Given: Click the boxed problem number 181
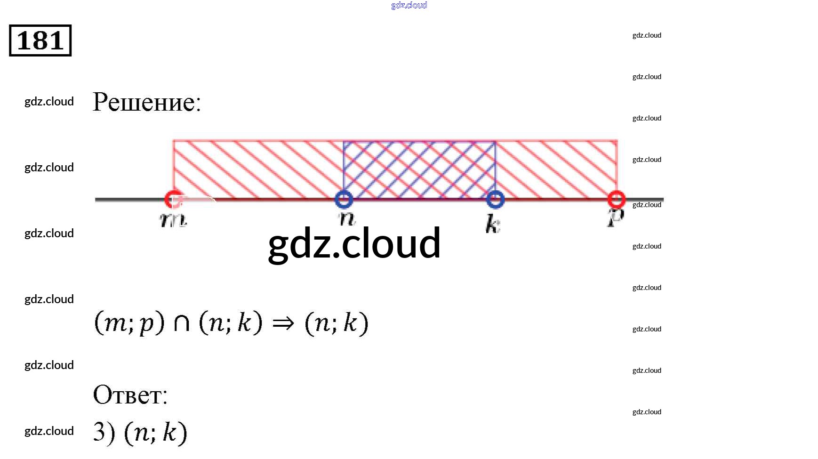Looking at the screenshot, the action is click(40, 40).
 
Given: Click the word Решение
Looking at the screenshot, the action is click(146, 102).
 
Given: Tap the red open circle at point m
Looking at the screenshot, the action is click(173, 199).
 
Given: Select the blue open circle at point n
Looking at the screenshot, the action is click(344, 199).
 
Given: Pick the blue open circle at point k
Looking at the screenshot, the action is click(495, 199).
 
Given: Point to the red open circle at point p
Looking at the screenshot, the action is click(617, 199).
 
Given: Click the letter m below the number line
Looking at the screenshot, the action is click(173, 219).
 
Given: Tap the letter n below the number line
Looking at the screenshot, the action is click(347, 218).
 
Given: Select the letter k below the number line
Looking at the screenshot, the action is click(492, 224).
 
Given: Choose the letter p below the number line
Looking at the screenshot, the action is click(616, 218).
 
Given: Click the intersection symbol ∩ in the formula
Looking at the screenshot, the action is click(182, 323).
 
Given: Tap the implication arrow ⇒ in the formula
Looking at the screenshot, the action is click(283, 323).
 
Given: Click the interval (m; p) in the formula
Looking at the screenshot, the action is click(129, 323).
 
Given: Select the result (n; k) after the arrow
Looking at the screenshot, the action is click(336, 323).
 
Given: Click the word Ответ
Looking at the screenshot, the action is click(130, 395).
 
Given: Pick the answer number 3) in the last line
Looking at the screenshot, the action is click(104, 432).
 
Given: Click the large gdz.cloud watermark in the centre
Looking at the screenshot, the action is click(354, 243).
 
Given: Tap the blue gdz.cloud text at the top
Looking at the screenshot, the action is click(409, 5).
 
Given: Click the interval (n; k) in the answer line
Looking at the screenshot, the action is click(155, 432).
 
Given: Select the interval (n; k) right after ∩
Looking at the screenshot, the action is click(231, 323).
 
